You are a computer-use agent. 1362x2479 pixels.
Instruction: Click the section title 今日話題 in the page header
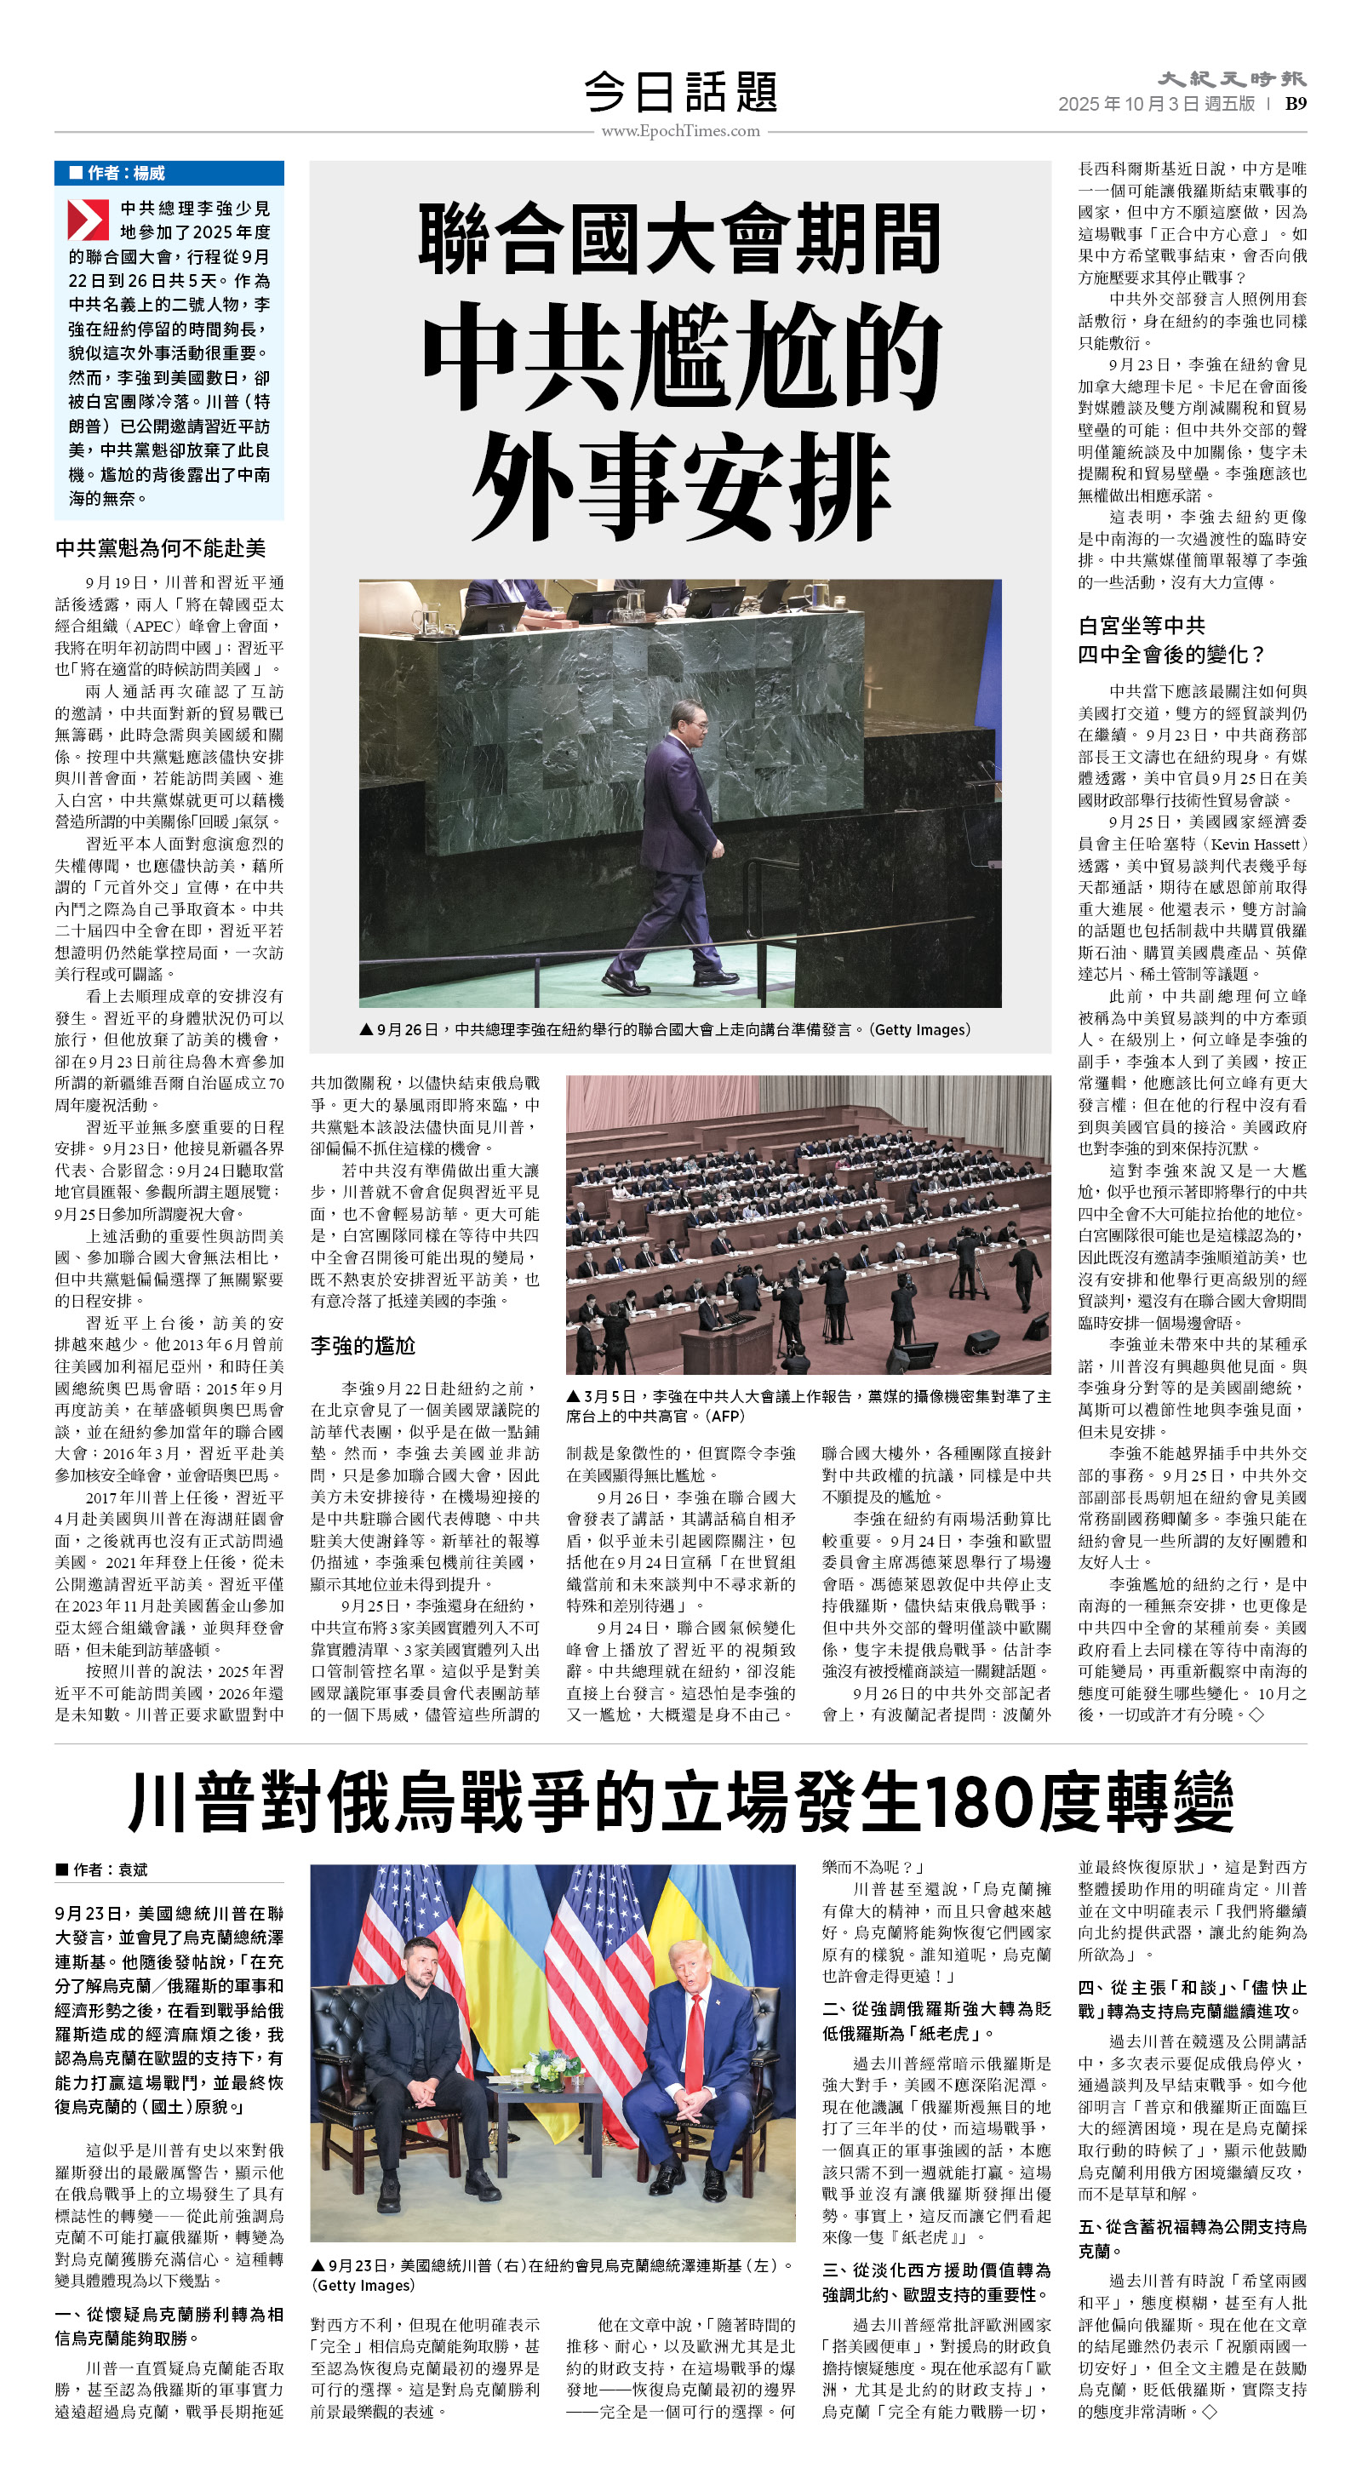pos(680,93)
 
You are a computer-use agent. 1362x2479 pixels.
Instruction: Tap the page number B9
pos(1296,104)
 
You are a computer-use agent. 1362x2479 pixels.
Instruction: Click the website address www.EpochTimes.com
pos(680,131)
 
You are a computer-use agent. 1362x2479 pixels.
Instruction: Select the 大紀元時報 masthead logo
pos(1231,79)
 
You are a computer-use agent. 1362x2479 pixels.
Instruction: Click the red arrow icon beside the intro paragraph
pos(88,220)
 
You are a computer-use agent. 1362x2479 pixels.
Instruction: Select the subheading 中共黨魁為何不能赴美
pos(160,547)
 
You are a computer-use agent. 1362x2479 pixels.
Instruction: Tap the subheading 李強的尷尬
pos(362,1345)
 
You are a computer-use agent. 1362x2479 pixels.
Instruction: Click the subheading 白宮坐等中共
pos(1142,626)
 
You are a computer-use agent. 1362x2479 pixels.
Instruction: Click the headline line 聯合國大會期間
pos(680,238)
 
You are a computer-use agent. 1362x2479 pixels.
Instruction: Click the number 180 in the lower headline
pos(977,1801)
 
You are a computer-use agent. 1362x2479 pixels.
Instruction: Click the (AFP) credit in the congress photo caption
pos(726,1416)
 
